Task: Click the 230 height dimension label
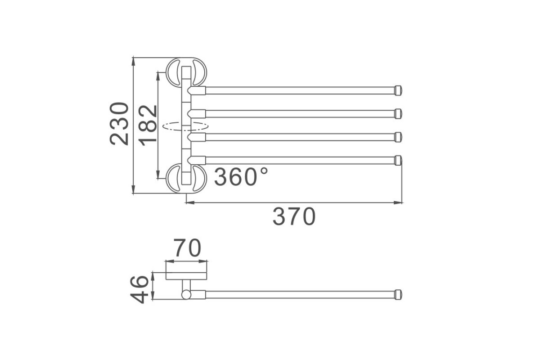tap(119, 124)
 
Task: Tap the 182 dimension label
tap(148, 126)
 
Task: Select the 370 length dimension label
tap(294, 216)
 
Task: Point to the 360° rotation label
tap(241, 177)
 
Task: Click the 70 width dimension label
tap(187, 247)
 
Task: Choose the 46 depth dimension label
tap(139, 290)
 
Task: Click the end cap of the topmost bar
tap(398, 90)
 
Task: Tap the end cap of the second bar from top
tap(398, 114)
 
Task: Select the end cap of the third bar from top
tap(398, 137)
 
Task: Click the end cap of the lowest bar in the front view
tap(398, 160)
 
